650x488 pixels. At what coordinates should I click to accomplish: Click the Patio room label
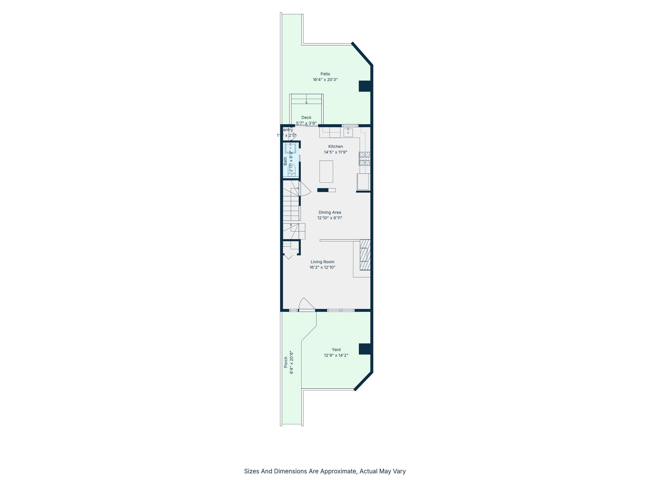pyautogui.click(x=325, y=74)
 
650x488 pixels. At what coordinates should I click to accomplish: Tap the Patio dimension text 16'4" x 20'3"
pyautogui.click(x=325, y=80)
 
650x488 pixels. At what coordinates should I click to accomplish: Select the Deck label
pyautogui.click(x=306, y=118)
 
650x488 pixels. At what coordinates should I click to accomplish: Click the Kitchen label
pyautogui.click(x=335, y=146)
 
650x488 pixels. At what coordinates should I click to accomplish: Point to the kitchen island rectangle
pyautogui.click(x=326, y=172)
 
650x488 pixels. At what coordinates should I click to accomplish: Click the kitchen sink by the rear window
pyautogui.click(x=348, y=132)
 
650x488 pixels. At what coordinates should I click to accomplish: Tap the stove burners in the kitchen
pyautogui.click(x=364, y=159)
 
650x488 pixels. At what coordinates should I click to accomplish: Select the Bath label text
pyautogui.click(x=285, y=161)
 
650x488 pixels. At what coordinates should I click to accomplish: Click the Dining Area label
pyautogui.click(x=330, y=212)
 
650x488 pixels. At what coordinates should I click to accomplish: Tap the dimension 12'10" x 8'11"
pyautogui.click(x=330, y=218)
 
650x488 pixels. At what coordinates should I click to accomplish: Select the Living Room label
pyautogui.click(x=322, y=262)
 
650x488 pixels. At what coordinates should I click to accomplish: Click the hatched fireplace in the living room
pyautogui.click(x=365, y=254)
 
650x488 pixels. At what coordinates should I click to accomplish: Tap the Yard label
pyautogui.click(x=336, y=349)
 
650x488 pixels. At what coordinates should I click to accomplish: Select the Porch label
pyautogui.click(x=286, y=362)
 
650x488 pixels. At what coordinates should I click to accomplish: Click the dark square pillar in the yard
pyautogui.click(x=365, y=349)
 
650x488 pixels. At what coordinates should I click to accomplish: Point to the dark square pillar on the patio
pyautogui.click(x=365, y=86)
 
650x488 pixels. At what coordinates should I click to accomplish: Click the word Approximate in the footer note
pyautogui.click(x=338, y=471)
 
